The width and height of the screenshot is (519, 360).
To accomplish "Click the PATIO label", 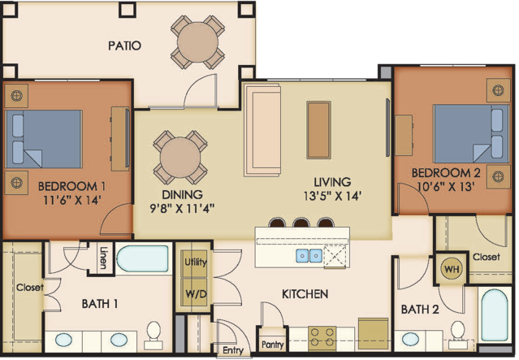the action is point(124,46).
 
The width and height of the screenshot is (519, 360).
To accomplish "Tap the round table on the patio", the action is point(197,42).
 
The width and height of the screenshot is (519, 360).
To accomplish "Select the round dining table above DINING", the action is point(180,157).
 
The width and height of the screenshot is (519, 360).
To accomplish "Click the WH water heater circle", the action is point(452,269).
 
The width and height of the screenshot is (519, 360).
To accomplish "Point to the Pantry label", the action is point(272,345).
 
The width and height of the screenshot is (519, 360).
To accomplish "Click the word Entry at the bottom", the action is point(233,350).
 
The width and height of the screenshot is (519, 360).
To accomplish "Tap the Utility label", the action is point(195,262).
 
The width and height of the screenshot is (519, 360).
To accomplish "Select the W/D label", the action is point(196,293).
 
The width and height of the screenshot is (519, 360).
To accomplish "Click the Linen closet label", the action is point(103,258).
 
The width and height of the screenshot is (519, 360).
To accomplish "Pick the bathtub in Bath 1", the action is point(143,258).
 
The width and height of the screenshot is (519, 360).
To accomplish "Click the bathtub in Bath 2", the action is point(495,315).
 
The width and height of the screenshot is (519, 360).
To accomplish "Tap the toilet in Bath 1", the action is point(154,335).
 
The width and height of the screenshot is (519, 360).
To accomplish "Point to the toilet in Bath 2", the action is point(458,334).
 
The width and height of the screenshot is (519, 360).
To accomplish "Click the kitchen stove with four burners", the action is point(322,339).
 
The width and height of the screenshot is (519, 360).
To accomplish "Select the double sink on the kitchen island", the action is point(309,255).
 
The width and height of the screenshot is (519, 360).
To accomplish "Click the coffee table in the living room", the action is point(318,130).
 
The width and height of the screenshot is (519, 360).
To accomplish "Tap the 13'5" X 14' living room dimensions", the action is point(332,196).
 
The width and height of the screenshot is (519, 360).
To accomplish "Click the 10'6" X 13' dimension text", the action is point(446,187).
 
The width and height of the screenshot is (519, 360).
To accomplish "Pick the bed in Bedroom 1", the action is point(44,139).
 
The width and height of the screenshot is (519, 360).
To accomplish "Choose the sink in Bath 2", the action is point(410,339).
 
